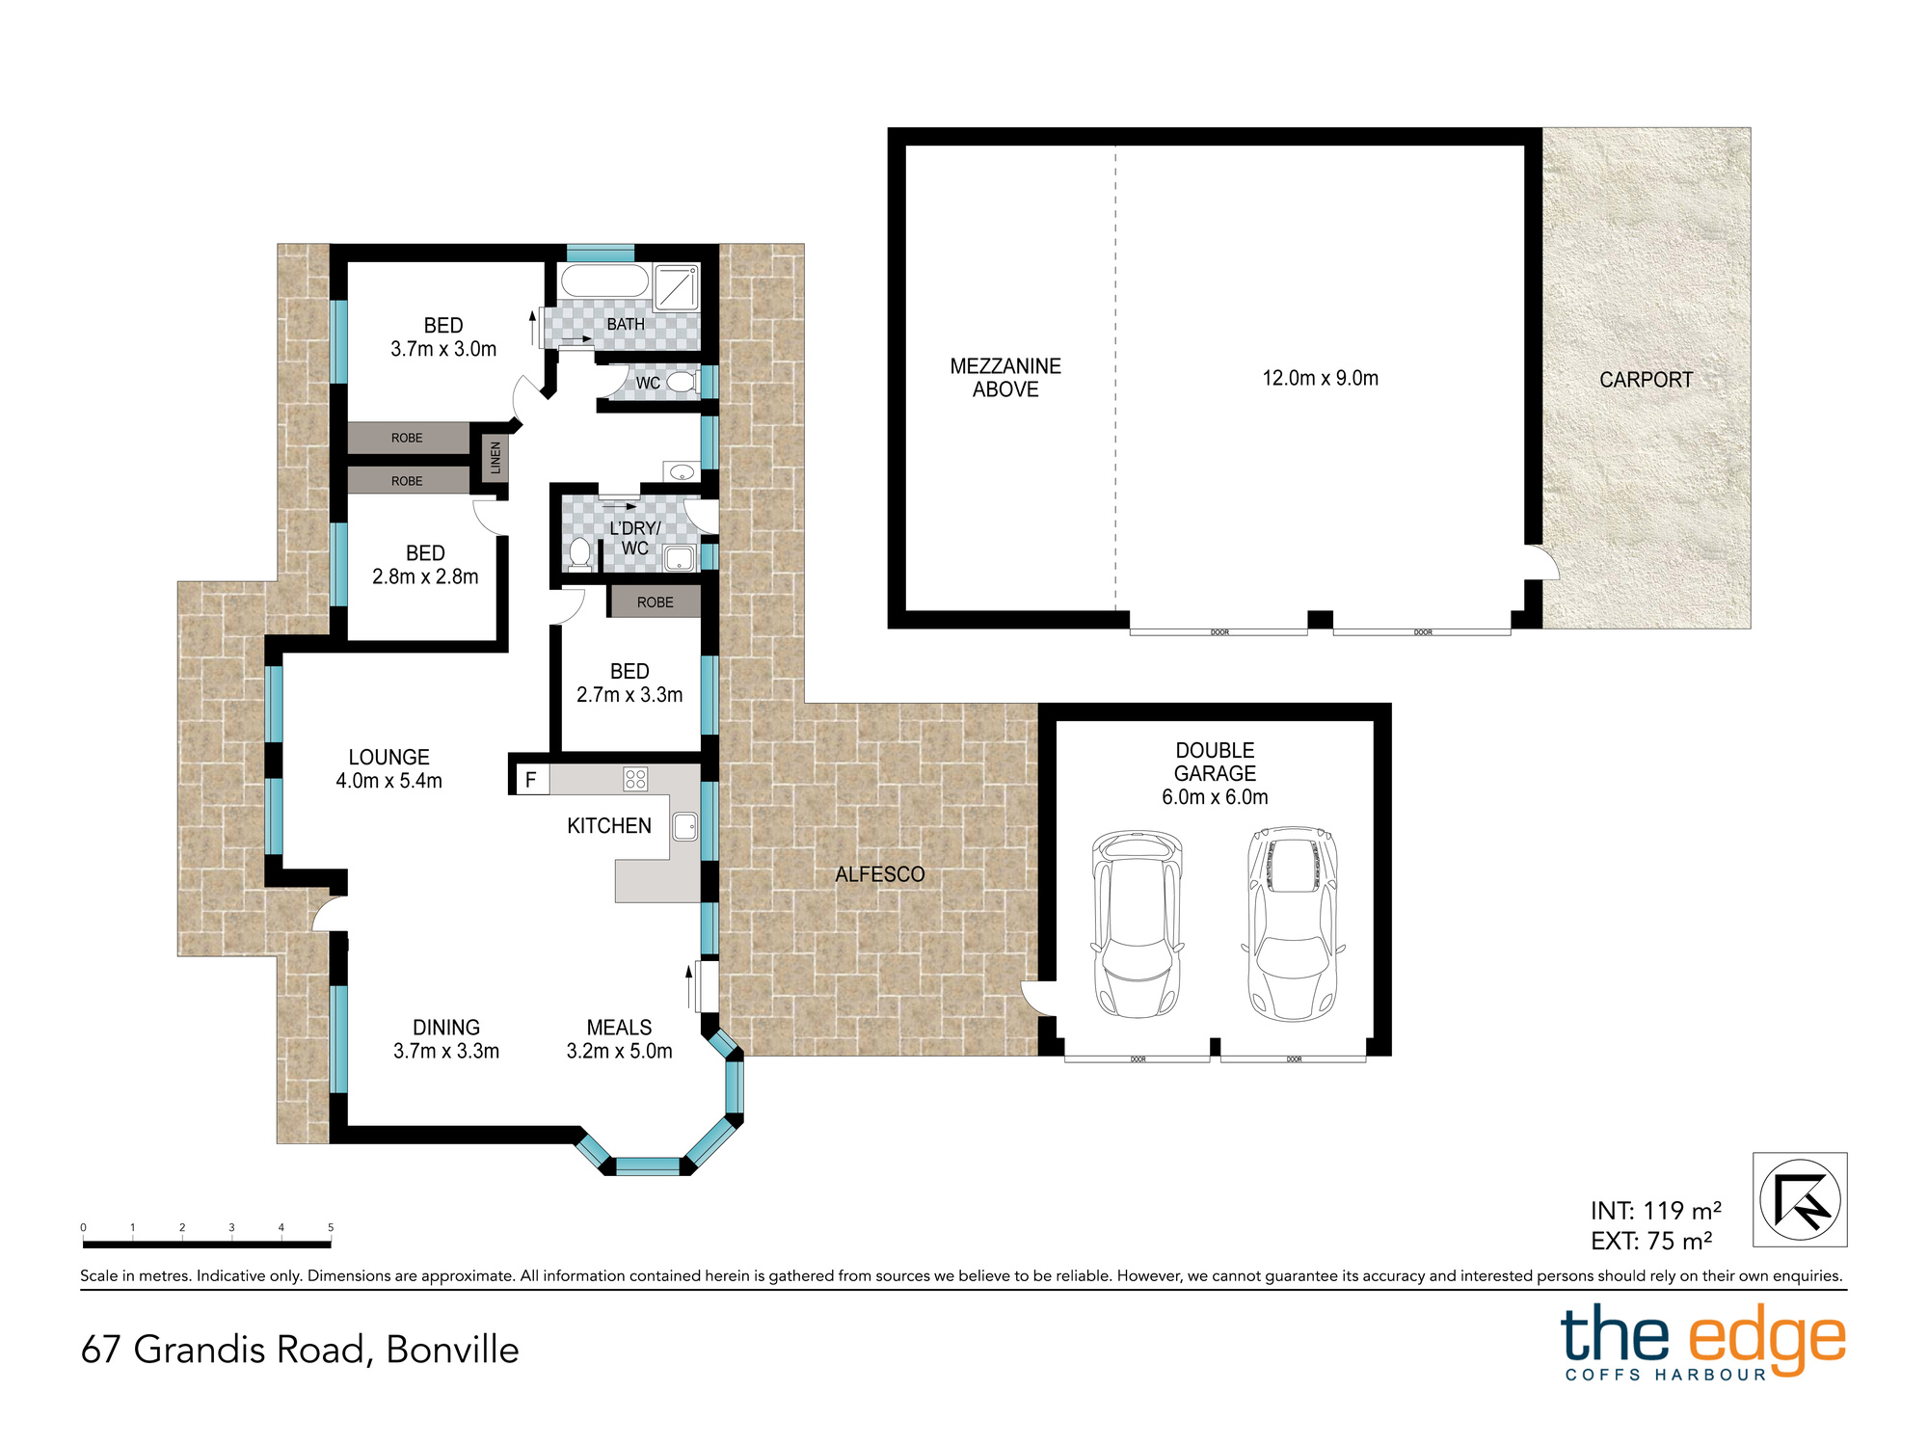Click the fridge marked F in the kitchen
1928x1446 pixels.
click(x=530, y=780)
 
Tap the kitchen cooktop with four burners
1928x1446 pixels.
click(x=635, y=779)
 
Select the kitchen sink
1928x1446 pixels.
click(x=685, y=827)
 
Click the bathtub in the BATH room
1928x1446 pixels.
click(x=605, y=281)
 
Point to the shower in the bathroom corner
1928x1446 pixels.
click(x=677, y=287)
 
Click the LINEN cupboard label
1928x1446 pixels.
click(x=495, y=458)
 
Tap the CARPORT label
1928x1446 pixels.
click(x=1646, y=380)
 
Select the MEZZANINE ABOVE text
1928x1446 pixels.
click(x=1005, y=378)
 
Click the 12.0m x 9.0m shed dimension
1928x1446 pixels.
click(x=1321, y=379)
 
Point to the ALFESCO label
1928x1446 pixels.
click(x=879, y=874)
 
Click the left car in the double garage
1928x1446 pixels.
click(x=1138, y=924)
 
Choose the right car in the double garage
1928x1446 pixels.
click(x=1293, y=924)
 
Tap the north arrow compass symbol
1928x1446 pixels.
click(x=1800, y=1200)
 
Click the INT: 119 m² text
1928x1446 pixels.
click(x=1656, y=1211)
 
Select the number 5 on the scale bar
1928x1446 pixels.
click(x=331, y=1227)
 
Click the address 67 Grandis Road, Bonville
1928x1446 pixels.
click(x=300, y=1350)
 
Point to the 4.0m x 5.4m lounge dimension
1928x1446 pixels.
click(x=388, y=781)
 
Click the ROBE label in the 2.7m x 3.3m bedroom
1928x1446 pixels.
click(x=656, y=602)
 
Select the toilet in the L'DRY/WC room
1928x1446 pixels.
click(x=579, y=554)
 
